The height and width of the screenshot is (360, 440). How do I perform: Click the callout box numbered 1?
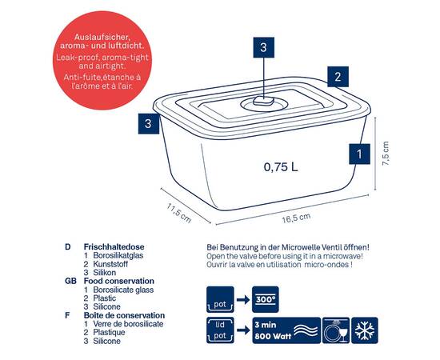pyautogui.click(x=359, y=154)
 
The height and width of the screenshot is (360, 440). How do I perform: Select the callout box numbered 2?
pyautogui.click(x=338, y=77)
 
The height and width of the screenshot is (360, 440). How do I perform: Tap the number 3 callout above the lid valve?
pyautogui.click(x=263, y=47)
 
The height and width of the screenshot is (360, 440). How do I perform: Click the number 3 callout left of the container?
pyautogui.click(x=149, y=123)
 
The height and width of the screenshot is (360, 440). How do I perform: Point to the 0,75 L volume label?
pyautogui.click(x=281, y=167)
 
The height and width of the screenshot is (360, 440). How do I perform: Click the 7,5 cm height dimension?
pyautogui.click(x=386, y=154)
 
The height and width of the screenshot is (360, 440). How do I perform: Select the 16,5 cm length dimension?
pyautogui.click(x=296, y=218)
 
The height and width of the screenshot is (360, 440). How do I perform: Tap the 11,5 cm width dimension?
pyautogui.click(x=178, y=213)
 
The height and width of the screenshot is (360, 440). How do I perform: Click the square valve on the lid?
pyautogui.click(x=263, y=101)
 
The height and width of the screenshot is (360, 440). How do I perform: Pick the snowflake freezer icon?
pyautogui.click(x=365, y=330)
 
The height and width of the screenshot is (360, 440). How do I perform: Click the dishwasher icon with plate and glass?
pyautogui.click(x=336, y=330)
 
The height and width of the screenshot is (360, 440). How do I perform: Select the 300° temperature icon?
pyautogui.click(x=265, y=299)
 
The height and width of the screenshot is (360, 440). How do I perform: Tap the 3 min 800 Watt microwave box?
pyautogui.click(x=286, y=330)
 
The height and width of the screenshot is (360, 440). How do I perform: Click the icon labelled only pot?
pyautogui.click(x=220, y=299)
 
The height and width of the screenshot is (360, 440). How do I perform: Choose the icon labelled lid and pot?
pyautogui.click(x=220, y=330)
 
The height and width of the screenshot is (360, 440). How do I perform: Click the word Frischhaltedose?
pyautogui.click(x=114, y=247)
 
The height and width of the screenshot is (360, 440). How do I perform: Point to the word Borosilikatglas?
pyautogui.click(x=118, y=256)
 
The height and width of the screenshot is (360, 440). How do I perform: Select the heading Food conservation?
pyautogui.click(x=119, y=281)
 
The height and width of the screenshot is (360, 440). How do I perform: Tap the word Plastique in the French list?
pyautogui.click(x=109, y=333)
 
